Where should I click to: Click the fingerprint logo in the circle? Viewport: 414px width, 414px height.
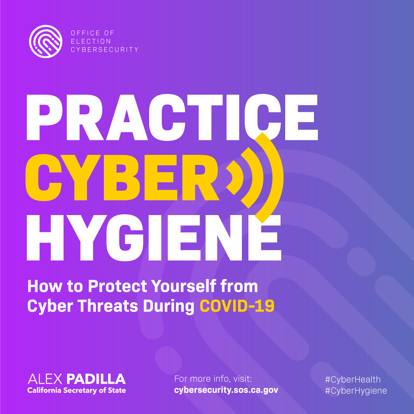click(46, 41)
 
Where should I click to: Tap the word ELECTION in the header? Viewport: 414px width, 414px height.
click(91, 41)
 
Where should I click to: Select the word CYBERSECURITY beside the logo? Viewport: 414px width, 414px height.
click(105, 49)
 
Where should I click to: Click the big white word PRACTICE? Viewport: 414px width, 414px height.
click(172, 117)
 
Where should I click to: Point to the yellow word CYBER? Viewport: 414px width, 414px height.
click(122, 177)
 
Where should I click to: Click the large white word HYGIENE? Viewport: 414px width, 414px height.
click(154, 238)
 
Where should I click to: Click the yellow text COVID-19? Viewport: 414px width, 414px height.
click(237, 306)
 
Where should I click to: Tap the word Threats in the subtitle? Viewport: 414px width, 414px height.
click(108, 306)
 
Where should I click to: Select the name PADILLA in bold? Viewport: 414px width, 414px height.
click(96, 379)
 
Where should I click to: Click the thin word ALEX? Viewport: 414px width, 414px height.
click(45, 379)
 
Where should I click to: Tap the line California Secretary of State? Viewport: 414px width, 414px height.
click(77, 391)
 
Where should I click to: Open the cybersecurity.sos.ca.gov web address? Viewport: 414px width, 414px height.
click(226, 390)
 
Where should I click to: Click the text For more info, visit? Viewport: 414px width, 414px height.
click(213, 379)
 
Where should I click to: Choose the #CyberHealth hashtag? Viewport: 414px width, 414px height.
click(353, 379)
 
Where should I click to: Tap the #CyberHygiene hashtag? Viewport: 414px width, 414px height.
click(356, 391)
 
